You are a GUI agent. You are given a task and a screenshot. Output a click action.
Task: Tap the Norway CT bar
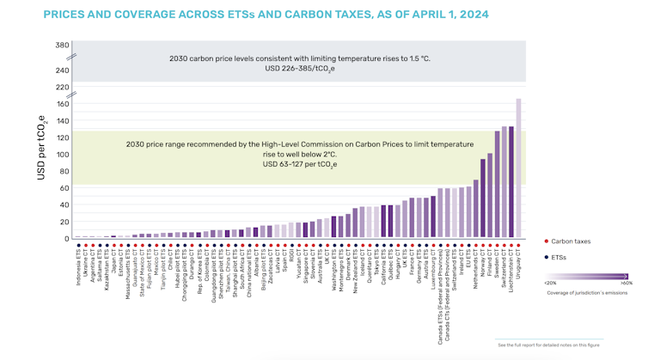coord(483,198)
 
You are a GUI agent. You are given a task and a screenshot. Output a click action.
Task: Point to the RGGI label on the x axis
coord(292,257)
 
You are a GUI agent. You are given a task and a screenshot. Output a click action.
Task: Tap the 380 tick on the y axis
coord(62,46)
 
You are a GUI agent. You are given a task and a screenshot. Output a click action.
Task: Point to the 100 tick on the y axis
coord(62,155)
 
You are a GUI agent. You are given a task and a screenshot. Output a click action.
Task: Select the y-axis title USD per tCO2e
coord(41,148)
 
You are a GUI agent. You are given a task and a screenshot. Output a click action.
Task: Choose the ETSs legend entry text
coord(560,257)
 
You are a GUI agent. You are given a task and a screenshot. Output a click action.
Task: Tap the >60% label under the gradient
coord(626,282)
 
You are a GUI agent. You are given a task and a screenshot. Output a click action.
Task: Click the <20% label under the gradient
coord(550,282)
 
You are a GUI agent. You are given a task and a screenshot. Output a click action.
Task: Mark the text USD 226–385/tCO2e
coord(301,68)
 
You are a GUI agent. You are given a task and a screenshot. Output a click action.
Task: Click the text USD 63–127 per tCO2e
coord(300,164)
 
